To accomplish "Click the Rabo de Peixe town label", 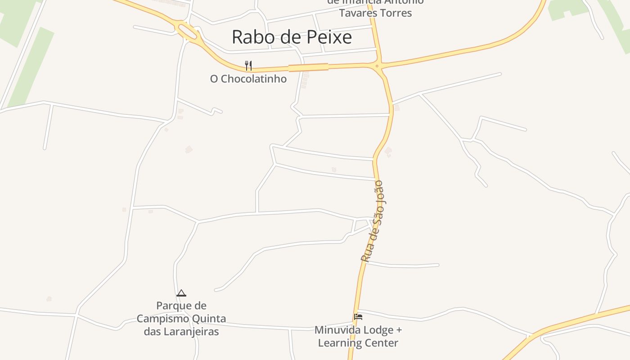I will pos(292,37).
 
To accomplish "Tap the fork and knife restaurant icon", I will pos(248,66).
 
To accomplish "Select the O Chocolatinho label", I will pos(248,79).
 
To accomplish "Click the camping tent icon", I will pos(181,293).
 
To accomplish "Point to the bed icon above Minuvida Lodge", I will pos(358,317).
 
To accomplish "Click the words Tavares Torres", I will pos(375,13).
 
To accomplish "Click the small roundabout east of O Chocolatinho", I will pos(378,67).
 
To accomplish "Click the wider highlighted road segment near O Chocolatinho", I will pos(308,67).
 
